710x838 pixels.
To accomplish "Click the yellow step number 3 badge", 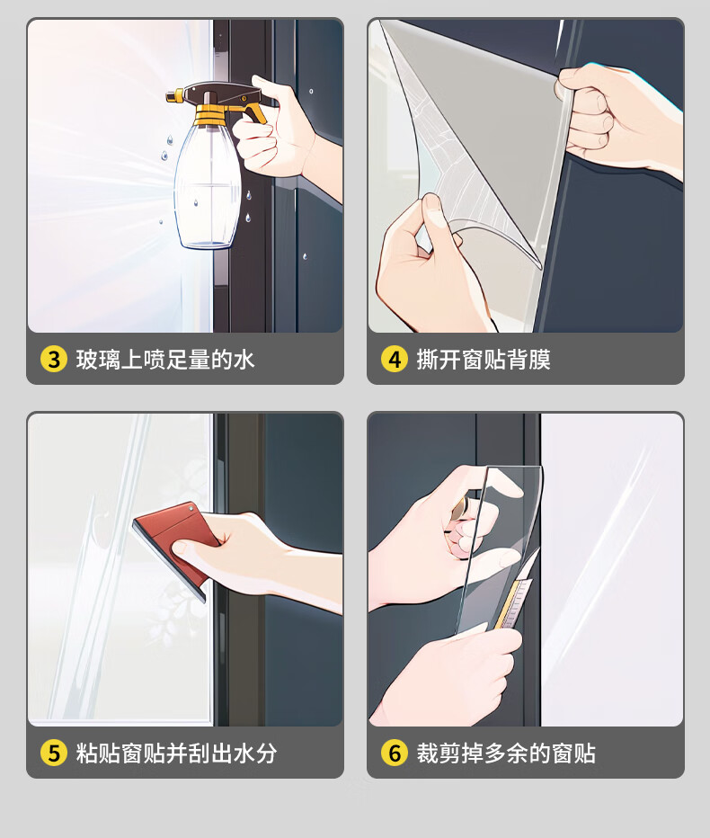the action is pos(53,359).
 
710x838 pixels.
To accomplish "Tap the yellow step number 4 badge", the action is pos(395,359).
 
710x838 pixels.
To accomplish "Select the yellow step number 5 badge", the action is pos(53,753).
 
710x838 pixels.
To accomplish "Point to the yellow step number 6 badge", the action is pos(395,753).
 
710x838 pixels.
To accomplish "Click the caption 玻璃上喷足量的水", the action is pos(165,359).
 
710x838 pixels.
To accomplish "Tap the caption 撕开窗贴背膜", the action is pos(484,359).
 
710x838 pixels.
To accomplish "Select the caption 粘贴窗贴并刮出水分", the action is pos(176,753).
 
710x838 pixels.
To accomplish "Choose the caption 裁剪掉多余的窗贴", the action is pos(506,753).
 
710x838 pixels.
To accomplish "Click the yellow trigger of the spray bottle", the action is pos(254,112).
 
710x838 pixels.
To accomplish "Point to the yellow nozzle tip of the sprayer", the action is pos(171,96).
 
